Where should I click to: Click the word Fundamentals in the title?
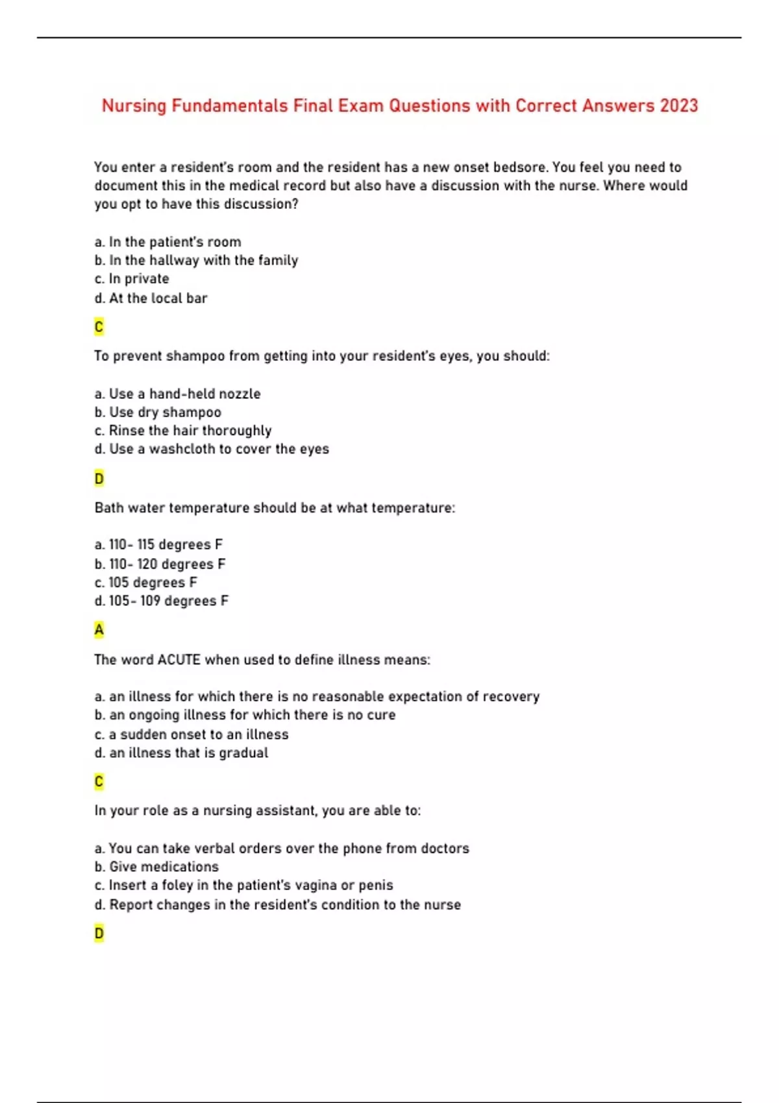[229, 106]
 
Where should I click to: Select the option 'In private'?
[132, 279]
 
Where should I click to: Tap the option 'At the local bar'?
[151, 298]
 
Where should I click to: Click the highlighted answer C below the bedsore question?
[99, 327]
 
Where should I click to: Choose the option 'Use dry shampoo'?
[158, 413]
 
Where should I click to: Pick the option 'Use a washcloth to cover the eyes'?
[212, 449]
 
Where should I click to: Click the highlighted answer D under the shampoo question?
[99, 479]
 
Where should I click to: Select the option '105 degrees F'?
[146, 583]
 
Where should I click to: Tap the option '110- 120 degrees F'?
[160, 564]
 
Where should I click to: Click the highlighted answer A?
[99, 630]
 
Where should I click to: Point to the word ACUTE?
[179, 660]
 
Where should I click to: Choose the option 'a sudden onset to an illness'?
[192, 734]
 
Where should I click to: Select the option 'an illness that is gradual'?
[181, 753]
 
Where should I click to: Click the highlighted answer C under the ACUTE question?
[99, 782]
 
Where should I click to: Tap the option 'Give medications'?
[156, 867]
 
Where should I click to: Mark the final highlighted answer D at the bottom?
[99, 934]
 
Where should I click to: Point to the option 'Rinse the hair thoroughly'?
[183, 431]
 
